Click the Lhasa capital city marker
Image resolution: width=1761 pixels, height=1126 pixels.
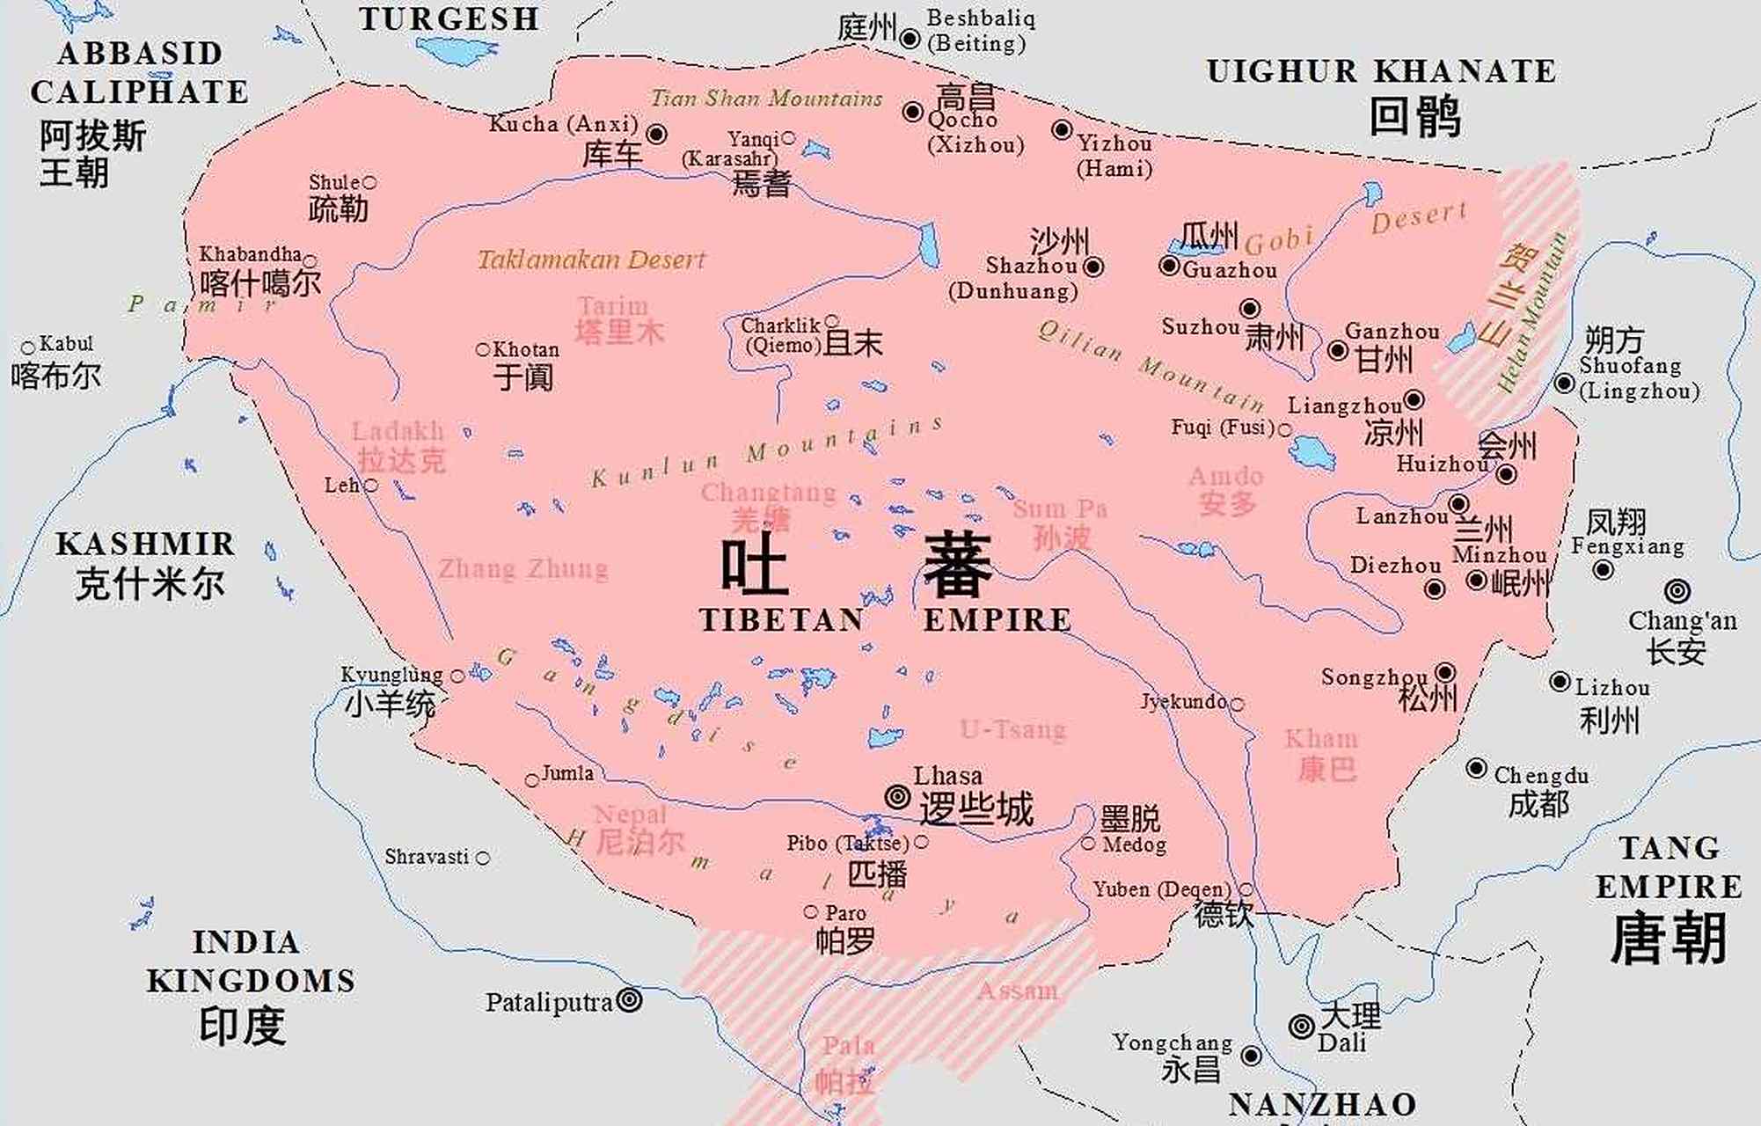point(897,797)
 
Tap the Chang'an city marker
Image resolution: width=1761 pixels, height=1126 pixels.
point(1677,590)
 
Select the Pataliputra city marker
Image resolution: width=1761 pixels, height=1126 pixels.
point(629,1000)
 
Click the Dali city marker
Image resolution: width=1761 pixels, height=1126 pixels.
point(1301,1026)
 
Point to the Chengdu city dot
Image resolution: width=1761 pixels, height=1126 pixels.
point(1476,768)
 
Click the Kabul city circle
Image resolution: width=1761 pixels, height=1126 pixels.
point(28,347)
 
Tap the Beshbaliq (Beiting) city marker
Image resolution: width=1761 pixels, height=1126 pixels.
point(910,39)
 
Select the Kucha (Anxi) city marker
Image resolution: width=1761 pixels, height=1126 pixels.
point(656,134)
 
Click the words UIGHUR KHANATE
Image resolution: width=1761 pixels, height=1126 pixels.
point(1381,72)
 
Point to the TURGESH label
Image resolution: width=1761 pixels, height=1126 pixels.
point(449,19)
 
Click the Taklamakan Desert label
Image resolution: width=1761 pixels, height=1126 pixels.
point(591,260)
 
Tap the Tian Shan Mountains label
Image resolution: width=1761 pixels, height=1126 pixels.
point(766,98)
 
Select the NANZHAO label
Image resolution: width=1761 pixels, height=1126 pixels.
point(1322,1104)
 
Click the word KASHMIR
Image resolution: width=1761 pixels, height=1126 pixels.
point(145,544)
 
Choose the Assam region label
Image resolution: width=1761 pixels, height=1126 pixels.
point(1018,991)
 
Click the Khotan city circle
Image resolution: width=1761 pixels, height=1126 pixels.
point(482,350)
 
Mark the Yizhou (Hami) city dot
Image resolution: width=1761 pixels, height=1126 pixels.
point(1062,130)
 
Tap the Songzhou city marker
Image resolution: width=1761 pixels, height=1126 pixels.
point(1445,672)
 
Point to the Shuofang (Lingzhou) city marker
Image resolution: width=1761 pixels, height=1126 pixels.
point(1564,384)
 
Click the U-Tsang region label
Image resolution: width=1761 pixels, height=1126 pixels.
point(1012,729)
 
